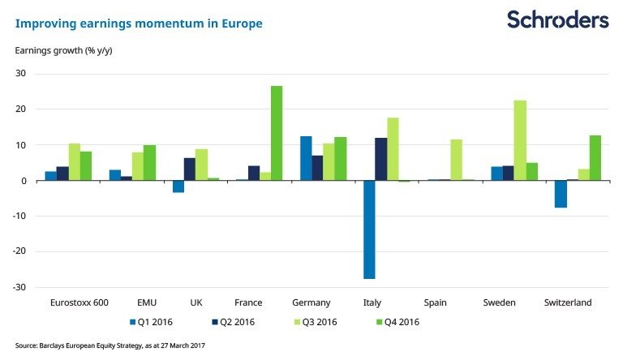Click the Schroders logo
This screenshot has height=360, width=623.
(x=559, y=19)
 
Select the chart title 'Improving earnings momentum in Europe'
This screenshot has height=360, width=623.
(x=139, y=24)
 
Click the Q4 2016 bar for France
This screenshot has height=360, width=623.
(x=277, y=133)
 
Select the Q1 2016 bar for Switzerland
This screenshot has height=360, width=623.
(x=561, y=194)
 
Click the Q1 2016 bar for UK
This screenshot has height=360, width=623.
(x=178, y=186)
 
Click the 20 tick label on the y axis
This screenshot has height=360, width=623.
(x=21, y=109)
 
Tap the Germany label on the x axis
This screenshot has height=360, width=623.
(x=311, y=303)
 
